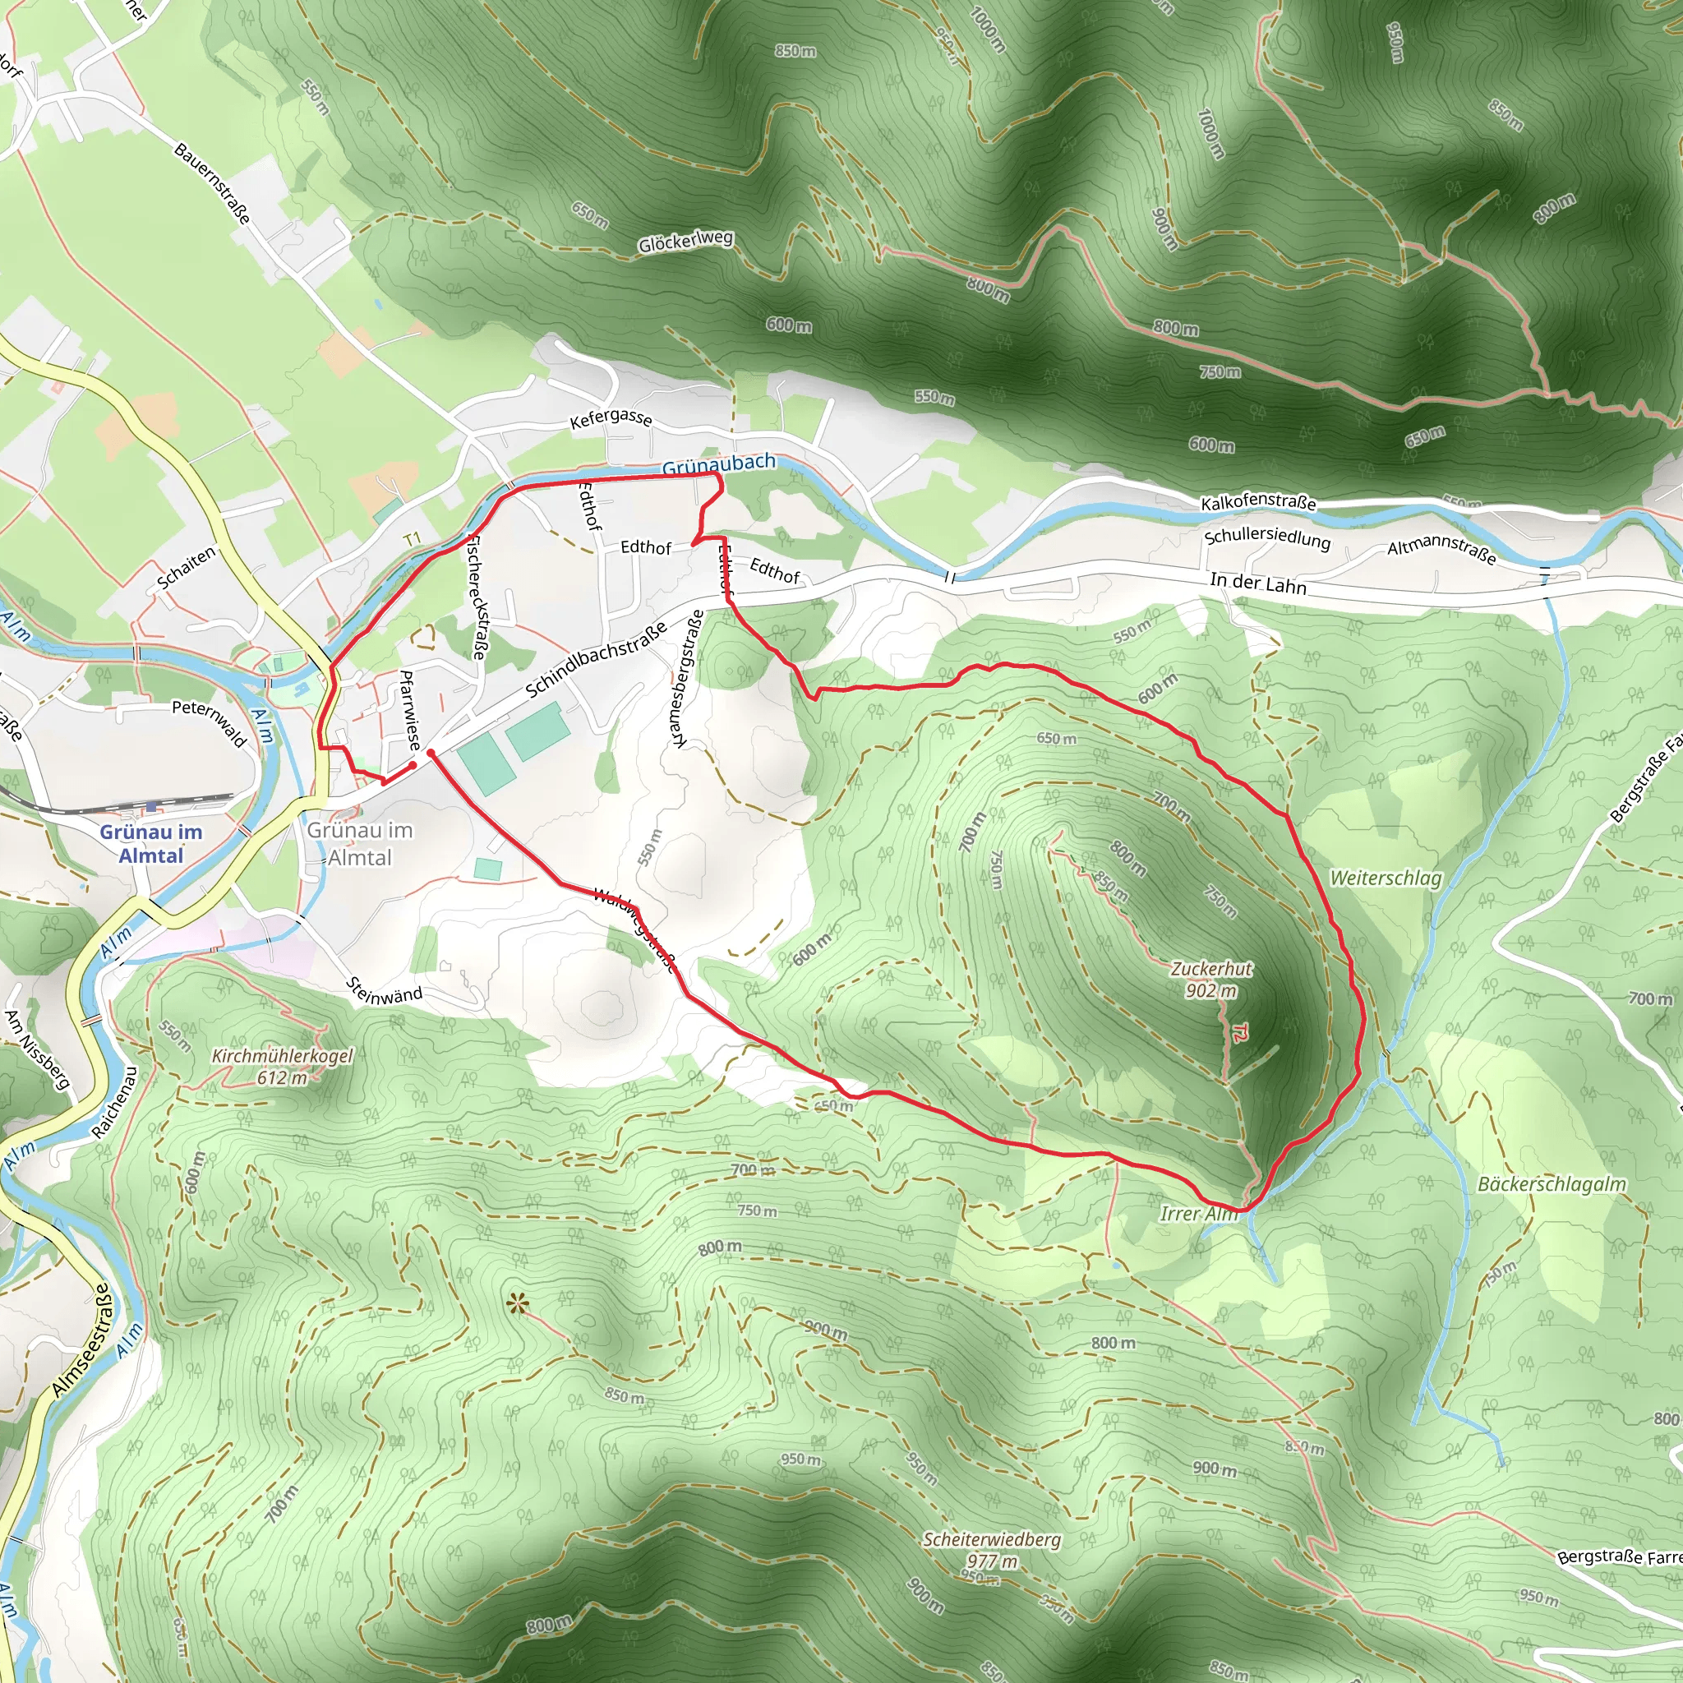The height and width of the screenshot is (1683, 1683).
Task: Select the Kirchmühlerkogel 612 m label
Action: click(x=282, y=1066)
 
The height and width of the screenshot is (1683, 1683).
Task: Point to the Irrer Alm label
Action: click(x=1198, y=1214)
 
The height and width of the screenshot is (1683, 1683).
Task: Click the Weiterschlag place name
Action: click(x=1385, y=878)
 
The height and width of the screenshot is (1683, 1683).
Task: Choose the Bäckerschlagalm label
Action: click(x=1552, y=1185)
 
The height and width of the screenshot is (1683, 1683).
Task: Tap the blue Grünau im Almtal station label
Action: click(x=150, y=843)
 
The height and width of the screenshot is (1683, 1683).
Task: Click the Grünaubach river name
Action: click(x=719, y=463)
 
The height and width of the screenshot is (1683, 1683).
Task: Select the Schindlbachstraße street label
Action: click(x=596, y=659)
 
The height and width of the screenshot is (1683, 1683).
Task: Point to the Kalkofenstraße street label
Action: click(x=1258, y=503)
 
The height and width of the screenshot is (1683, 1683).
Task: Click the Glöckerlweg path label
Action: click(x=685, y=242)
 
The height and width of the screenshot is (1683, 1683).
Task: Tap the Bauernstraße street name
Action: click(x=213, y=183)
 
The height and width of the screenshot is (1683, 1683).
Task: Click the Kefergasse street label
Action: click(x=611, y=418)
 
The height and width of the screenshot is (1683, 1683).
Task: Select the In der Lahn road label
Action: click(x=1258, y=583)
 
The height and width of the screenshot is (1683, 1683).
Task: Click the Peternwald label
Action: click(x=209, y=722)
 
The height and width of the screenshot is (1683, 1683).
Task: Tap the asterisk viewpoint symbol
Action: click(x=519, y=1304)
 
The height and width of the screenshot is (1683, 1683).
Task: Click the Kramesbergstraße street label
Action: click(x=688, y=679)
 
